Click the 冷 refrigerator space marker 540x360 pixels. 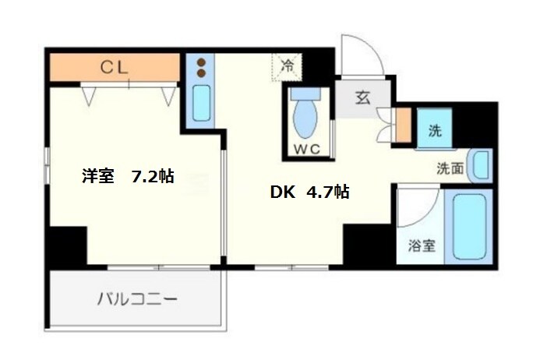(286, 67)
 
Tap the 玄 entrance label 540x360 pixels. (362, 98)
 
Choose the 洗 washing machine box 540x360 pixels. (435, 131)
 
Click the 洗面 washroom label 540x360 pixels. (450, 167)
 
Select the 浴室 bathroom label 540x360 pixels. (422, 246)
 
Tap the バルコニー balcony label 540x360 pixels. (137, 298)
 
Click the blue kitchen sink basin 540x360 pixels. (202, 101)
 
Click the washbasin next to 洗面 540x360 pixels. (482, 164)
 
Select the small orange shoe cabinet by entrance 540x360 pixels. (402, 126)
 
